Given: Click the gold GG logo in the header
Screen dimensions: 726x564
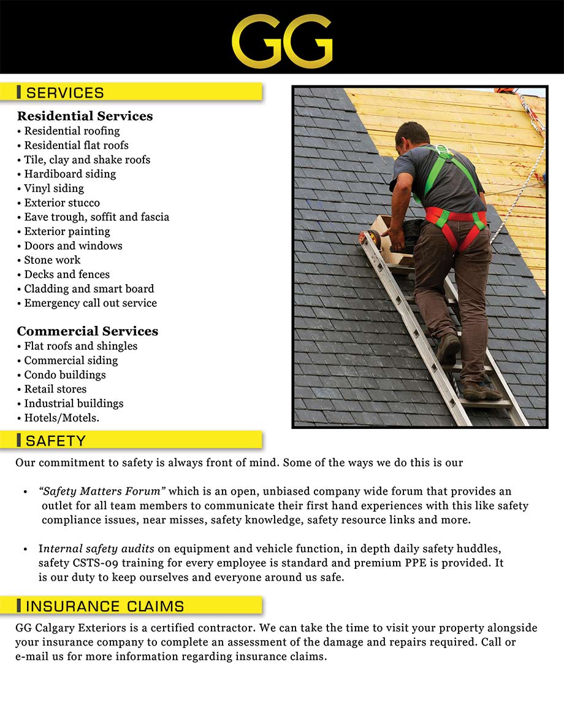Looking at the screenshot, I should coord(282,42).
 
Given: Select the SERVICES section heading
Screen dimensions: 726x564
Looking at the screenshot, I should coord(65,93).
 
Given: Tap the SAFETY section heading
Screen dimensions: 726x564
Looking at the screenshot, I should coord(56,440).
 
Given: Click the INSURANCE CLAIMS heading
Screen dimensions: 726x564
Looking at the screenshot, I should coord(105,606).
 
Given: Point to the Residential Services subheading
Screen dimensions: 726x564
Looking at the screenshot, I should coord(85,116).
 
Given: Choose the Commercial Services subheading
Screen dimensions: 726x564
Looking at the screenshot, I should coord(88,331).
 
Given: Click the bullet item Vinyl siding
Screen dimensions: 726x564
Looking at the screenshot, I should coord(54,188).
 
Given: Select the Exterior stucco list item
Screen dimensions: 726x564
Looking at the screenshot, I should coord(62,203).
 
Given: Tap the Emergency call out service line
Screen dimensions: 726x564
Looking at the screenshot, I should coord(90,303).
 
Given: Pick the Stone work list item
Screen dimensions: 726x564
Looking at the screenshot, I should coord(52,260).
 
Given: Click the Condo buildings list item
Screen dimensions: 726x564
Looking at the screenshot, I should coord(64,375).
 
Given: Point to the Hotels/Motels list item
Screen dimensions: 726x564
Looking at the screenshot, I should coord(61,418).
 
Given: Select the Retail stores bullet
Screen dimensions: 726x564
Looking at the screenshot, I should coord(55,389).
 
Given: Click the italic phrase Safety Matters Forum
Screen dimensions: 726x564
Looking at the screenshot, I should coord(102,491).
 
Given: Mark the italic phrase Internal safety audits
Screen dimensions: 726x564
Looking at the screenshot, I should coord(85,549).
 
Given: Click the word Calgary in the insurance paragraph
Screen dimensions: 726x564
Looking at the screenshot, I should coord(63,628).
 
